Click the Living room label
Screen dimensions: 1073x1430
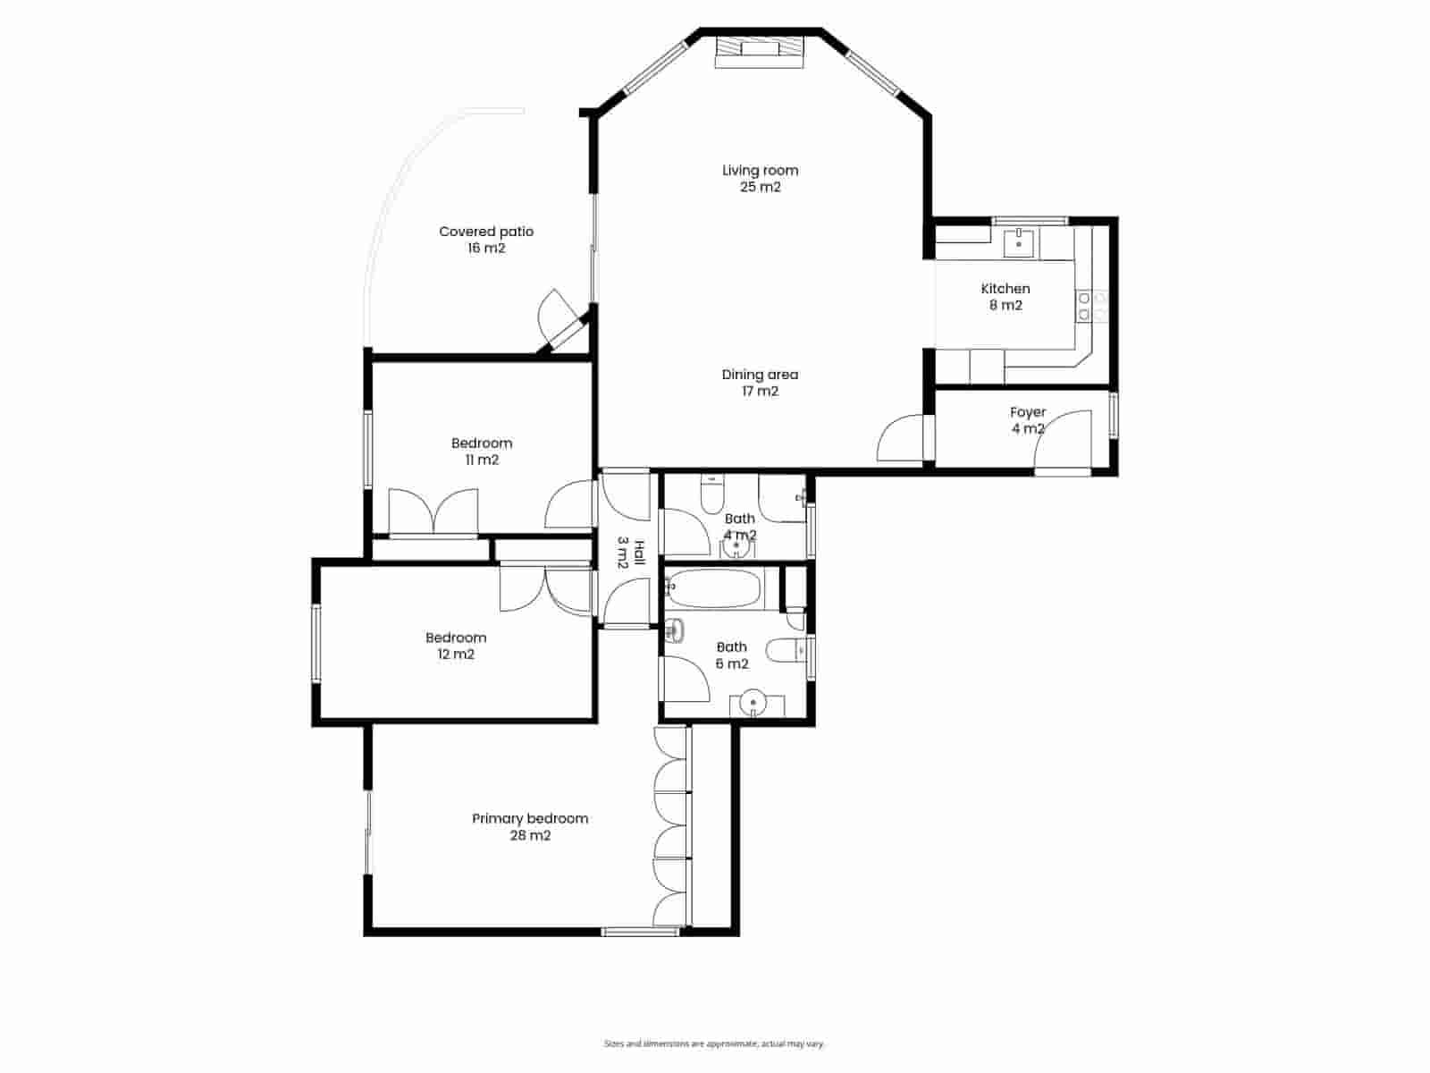pyautogui.click(x=760, y=171)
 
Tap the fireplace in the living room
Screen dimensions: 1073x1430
pyautogui.click(x=759, y=50)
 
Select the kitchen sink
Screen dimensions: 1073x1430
pyautogui.click(x=1019, y=242)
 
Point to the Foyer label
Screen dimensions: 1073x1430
pyautogui.click(x=1028, y=412)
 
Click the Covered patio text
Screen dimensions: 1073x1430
pyautogui.click(x=486, y=232)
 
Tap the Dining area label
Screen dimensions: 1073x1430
pyautogui.click(x=760, y=375)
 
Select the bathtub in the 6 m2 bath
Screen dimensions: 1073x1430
pyautogui.click(x=715, y=589)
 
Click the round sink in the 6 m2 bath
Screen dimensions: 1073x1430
pyautogui.click(x=755, y=704)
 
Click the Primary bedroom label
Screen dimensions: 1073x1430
pyautogui.click(x=530, y=818)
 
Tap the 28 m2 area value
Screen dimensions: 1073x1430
pyautogui.click(x=530, y=836)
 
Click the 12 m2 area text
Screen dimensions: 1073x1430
pyautogui.click(x=456, y=655)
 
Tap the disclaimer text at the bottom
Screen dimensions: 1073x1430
pyautogui.click(x=714, y=1043)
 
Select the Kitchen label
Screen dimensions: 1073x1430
pyautogui.click(x=1005, y=289)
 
